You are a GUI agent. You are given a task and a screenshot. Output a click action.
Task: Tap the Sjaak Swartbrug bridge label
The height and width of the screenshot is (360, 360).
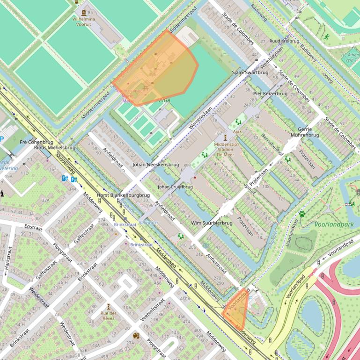250,72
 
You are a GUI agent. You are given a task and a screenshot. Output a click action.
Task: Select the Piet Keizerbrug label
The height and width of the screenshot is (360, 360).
270,94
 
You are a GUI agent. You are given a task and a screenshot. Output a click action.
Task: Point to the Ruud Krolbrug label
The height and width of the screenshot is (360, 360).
284,41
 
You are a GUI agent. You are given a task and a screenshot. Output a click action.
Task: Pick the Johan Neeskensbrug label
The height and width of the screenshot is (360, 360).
155,165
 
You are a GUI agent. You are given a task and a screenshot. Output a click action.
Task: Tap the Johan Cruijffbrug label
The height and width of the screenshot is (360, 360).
175,187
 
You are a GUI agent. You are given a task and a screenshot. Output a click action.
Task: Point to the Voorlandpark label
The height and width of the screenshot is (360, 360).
334,224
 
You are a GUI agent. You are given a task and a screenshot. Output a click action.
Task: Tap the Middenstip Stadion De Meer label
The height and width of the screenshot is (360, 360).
227,147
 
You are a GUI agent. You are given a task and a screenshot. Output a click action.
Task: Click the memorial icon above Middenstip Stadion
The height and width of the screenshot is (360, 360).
226,137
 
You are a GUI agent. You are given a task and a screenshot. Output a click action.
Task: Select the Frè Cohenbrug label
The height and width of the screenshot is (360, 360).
37,142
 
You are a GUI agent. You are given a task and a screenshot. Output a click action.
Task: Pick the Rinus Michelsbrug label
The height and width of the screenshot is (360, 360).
54,148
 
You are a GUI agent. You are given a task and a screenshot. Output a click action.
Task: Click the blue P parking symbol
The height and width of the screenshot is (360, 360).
1,139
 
